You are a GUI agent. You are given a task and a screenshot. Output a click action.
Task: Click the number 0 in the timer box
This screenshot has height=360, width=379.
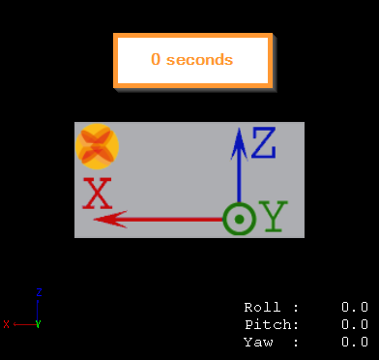pos(155,60)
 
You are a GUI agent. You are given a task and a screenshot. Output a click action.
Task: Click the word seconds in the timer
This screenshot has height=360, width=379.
pos(199,60)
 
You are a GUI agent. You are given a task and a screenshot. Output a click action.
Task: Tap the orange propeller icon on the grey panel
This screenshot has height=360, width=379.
pos(97,146)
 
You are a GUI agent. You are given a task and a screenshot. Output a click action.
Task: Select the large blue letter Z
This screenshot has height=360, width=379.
pos(263,144)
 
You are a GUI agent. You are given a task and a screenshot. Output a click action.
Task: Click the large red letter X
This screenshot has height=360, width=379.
pos(98,195)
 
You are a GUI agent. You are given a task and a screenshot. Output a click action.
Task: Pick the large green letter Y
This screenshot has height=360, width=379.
pos(275,219)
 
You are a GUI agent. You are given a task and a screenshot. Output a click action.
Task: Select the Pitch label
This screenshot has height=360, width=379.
pos(271,324)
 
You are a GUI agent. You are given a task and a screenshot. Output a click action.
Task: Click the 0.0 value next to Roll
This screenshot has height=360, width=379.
pos(354,307)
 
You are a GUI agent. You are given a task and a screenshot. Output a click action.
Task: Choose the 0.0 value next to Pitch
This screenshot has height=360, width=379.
pos(354,324)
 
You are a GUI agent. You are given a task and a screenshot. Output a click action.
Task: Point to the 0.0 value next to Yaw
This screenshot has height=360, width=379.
pos(354,342)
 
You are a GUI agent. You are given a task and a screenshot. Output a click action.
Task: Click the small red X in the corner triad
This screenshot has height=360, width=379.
pos(6,324)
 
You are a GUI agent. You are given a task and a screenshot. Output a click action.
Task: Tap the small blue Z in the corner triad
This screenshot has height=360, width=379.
pos(38,290)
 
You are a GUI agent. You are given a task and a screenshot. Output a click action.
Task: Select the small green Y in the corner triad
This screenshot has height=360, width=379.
pos(38,324)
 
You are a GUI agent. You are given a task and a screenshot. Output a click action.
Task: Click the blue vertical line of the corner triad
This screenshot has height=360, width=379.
pos(38,308)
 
